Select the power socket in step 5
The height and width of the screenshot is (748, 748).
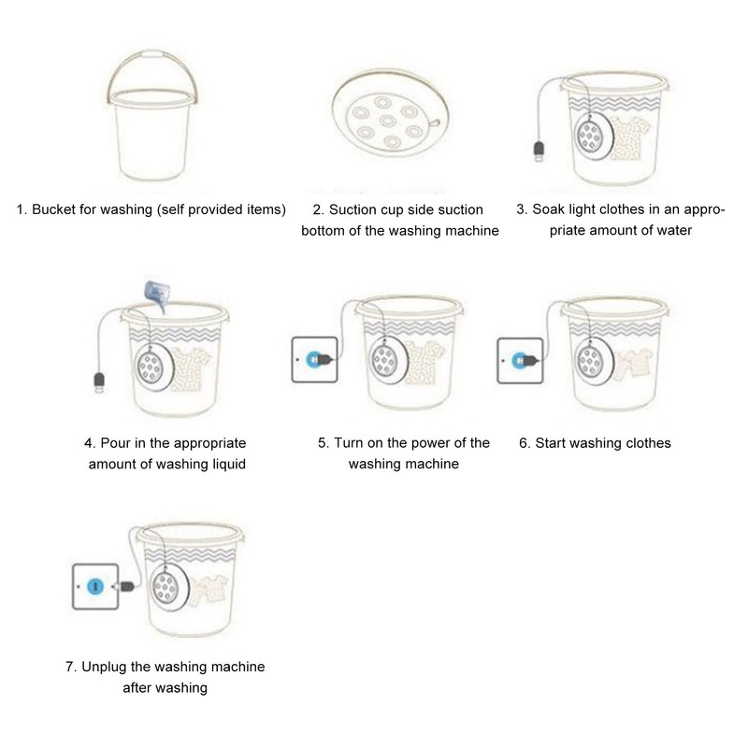click(315, 358)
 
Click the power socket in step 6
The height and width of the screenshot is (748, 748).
click(520, 358)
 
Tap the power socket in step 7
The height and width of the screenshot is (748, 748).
click(96, 586)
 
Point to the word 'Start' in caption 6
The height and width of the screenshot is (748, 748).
click(553, 442)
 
